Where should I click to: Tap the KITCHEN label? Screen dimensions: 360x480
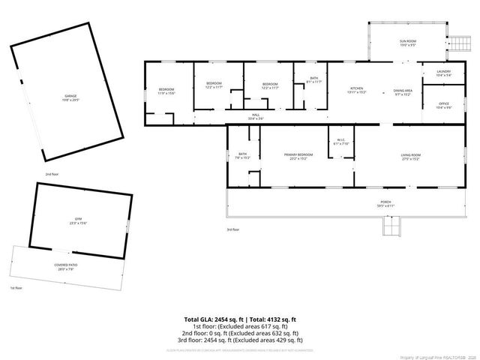point(356,90)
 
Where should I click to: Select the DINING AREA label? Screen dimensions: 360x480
point(403,90)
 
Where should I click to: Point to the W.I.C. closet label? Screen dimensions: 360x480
point(340,140)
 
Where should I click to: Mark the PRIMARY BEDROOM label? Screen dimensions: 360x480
point(298,156)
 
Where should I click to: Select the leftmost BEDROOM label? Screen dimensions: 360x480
point(166,91)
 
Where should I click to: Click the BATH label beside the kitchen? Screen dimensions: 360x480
point(313,79)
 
